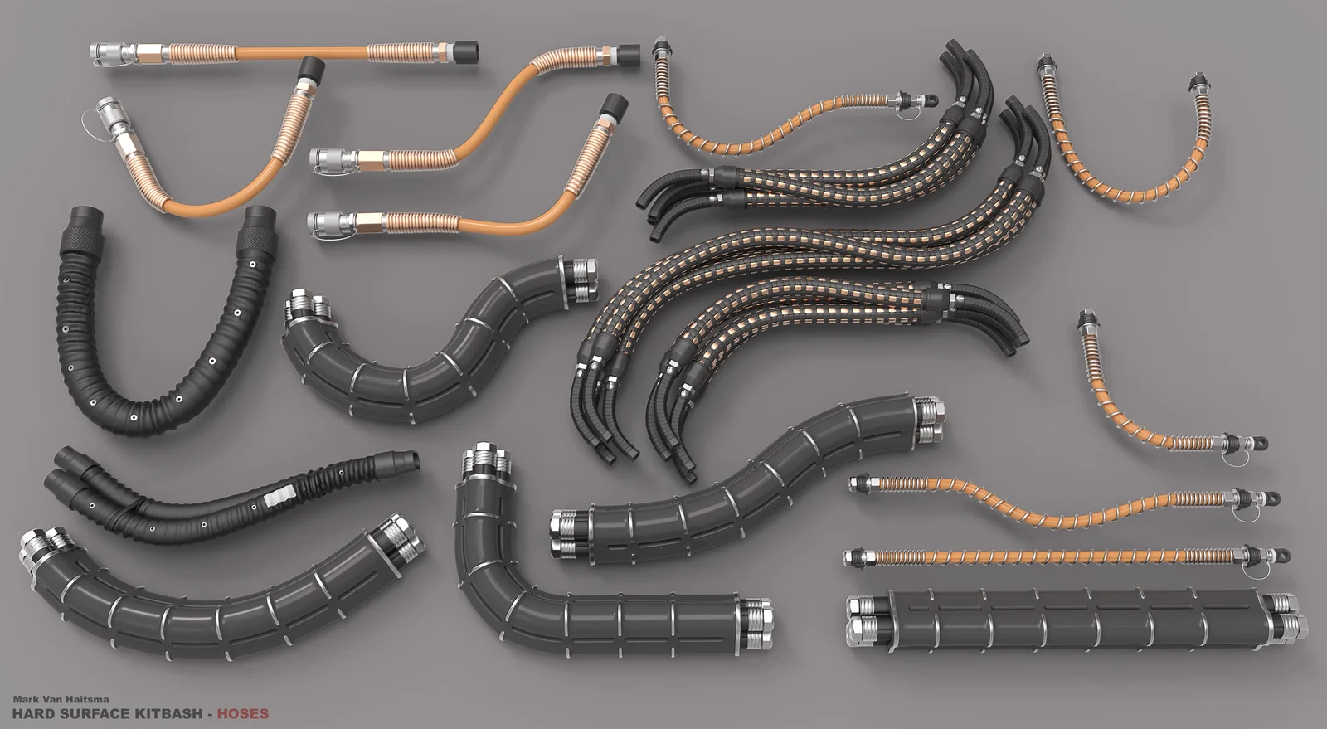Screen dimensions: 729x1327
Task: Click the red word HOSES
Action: point(243,713)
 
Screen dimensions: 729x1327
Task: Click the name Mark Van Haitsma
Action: point(61,700)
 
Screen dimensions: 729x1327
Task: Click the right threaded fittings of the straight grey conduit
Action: point(1287,618)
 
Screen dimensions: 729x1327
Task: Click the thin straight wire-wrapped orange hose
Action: point(1062,556)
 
